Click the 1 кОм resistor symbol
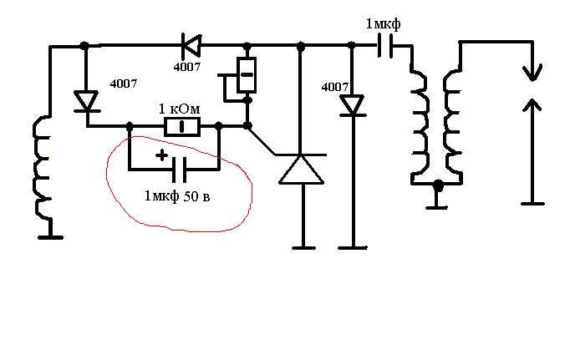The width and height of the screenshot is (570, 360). coord(181,126)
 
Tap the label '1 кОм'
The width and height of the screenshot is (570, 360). coord(179,109)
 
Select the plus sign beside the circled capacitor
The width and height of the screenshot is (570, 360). coord(162,155)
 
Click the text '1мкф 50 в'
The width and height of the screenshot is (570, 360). coord(177,196)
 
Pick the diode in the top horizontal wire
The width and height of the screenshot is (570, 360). coord(191,45)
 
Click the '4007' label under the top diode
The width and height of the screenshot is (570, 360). coord(187,67)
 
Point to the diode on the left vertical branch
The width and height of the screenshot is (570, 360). coord(86,101)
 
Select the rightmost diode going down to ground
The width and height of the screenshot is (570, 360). coord(352,106)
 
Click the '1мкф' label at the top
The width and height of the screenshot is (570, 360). coord(383,24)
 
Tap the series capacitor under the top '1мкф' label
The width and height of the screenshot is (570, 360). coord(385,46)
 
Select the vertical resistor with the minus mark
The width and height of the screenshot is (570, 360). coord(247,75)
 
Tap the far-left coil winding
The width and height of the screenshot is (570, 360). coord(43,168)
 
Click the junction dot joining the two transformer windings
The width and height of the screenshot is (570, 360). coord(439,185)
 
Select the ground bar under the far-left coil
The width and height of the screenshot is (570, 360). coord(50,237)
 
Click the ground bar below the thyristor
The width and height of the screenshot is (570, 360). coord(303,248)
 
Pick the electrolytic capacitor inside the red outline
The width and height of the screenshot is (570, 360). coord(179,170)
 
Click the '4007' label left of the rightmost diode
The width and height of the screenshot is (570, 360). coord(335,87)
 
